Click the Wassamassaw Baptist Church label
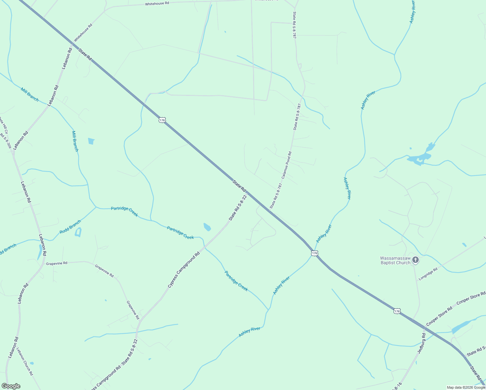395,261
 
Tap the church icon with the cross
415,260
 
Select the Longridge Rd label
428,274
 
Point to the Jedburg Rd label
421,343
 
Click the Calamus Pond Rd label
287,165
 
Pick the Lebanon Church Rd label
25,362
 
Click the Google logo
11,386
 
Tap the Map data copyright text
466,387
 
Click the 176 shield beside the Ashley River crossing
314,253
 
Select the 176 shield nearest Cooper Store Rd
397,311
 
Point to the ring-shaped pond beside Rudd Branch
78,232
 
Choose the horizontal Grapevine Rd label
57,263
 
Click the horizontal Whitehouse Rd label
157,4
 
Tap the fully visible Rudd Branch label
70,227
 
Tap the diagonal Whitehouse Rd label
83,32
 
